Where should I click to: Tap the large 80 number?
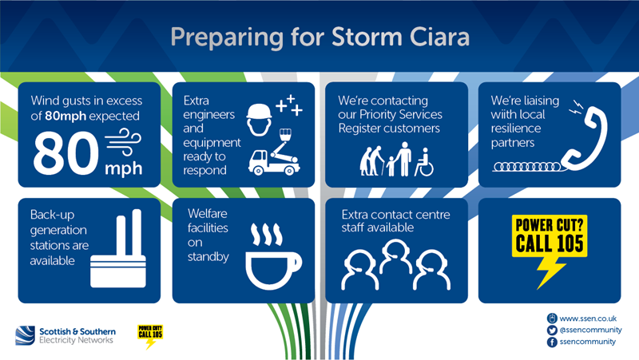click(66, 154)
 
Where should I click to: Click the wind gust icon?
click(123, 142)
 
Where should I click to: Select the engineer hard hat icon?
click(259, 120)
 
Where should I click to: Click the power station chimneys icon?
click(118, 248)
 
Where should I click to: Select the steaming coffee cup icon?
click(273, 256)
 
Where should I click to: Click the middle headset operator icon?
click(395, 256)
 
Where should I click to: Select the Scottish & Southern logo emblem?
click(26, 335)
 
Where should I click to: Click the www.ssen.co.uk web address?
click(588, 318)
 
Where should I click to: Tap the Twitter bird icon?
click(552, 330)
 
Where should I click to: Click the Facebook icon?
click(552, 342)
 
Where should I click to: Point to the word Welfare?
click(208, 214)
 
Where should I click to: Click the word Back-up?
click(52, 215)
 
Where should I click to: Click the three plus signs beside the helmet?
click(289, 105)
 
